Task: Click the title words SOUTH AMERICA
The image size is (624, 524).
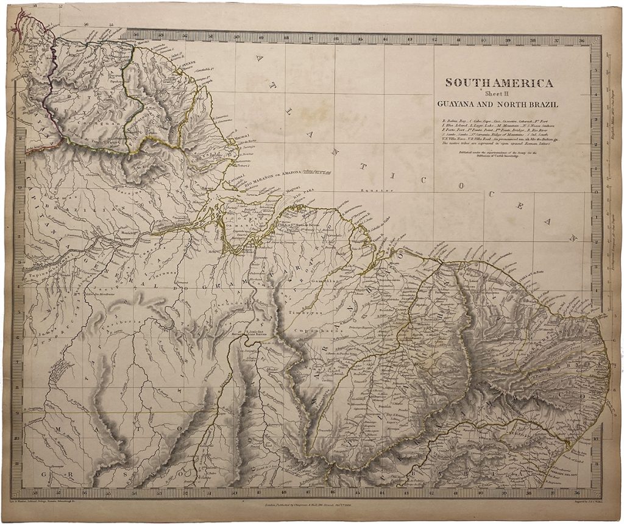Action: pos(499,83)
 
